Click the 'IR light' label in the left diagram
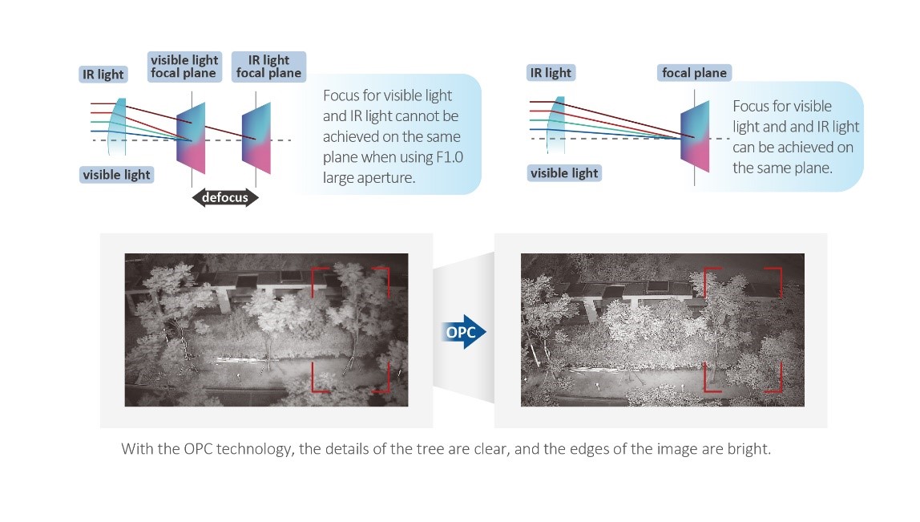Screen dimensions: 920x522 103,74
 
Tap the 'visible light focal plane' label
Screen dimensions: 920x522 184,67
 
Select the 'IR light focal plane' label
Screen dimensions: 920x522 268,67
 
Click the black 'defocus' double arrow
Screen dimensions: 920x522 225,198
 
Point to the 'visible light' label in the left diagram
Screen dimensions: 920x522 117,174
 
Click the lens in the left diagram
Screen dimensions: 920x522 117,126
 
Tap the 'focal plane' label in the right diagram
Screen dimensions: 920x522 694,73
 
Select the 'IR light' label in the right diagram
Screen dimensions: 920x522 551,73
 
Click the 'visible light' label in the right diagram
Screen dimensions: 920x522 564,173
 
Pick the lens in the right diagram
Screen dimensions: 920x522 555,124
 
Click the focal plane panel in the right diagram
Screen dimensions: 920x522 695,137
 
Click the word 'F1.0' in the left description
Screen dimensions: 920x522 450,157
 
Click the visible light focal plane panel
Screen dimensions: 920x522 192,138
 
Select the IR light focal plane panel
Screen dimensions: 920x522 256,138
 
